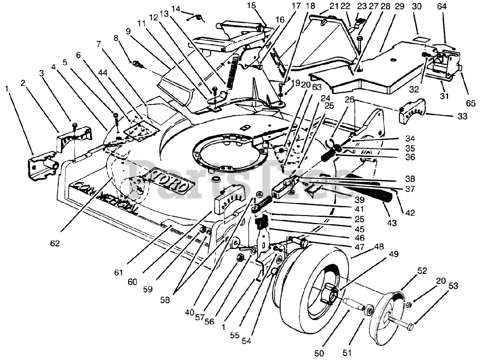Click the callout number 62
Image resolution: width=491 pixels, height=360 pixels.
55,243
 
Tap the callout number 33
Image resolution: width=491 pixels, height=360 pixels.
463,116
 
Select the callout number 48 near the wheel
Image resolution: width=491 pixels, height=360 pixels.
379,247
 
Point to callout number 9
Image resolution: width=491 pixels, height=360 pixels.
129,31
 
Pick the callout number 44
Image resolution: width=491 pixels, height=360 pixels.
102,73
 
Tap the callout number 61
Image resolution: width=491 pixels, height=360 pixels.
119,272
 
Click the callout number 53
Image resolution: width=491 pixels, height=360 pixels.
453,286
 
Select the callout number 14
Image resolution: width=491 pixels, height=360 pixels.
176,9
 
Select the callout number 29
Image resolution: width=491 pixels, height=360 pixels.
399,7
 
